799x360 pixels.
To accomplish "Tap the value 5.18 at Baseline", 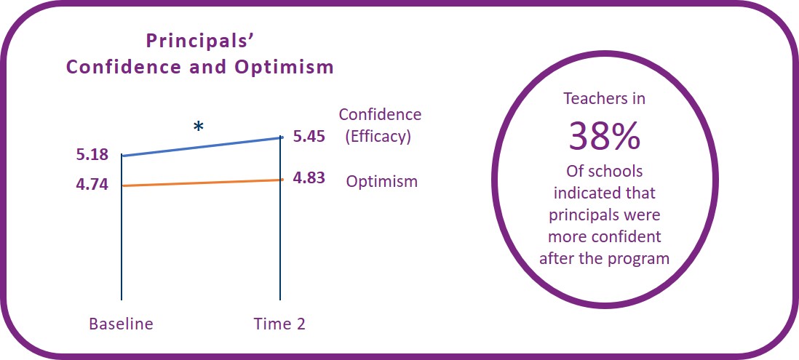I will click(92, 154).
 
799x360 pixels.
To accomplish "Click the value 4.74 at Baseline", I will click(92, 184).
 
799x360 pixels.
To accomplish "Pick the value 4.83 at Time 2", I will click(309, 178).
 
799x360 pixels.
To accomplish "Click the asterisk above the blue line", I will click(198, 127).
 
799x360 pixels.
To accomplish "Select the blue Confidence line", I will click(202, 146).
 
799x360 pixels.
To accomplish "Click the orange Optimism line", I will click(202, 183).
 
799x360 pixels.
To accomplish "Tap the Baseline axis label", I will click(121, 324).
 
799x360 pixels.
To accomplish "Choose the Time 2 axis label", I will click(279, 324).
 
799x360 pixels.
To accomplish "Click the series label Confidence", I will click(380, 115).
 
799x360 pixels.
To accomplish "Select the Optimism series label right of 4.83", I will click(382, 181).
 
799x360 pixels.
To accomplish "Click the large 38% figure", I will click(605, 136).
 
